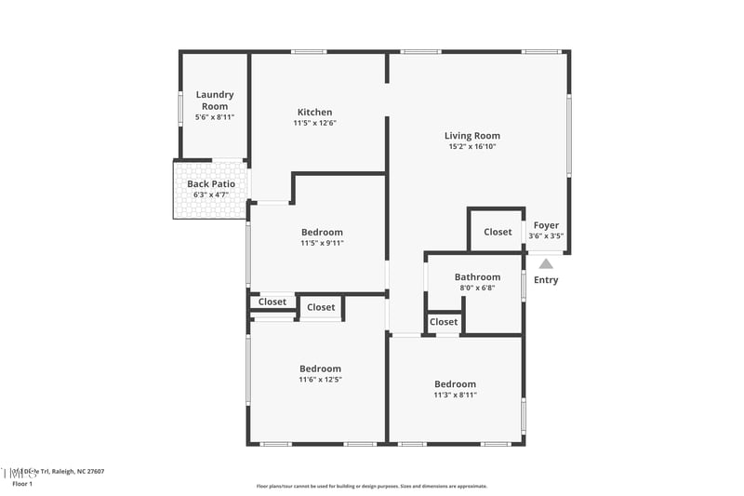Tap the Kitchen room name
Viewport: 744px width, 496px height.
[314, 113]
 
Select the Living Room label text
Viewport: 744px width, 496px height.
[472, 136]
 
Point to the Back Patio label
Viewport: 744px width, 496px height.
[210, 184]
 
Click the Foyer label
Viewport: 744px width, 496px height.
[546, 225]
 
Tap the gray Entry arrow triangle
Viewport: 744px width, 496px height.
[546, 264]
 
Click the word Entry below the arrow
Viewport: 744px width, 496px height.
[546, 280]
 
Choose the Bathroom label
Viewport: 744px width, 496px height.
[477, 276]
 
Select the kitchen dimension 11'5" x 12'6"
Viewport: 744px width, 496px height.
[314, 123]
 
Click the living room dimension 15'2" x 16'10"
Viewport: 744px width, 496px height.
[472, 146]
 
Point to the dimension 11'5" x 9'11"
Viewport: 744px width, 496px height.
[322, 243]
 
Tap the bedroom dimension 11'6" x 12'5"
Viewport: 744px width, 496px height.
[320, 379]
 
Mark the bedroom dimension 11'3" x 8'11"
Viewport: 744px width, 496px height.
[456, 395]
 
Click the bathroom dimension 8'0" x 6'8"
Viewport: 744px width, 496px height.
[477, 288]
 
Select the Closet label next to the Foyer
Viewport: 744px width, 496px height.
[498, 232]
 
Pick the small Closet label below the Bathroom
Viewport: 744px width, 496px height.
[444, 322]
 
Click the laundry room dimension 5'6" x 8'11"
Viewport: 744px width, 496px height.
[214, 117]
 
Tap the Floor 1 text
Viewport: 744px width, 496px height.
[22, 484]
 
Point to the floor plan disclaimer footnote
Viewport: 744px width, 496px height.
[371, 486]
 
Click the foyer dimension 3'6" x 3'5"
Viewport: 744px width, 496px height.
[546, 236]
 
